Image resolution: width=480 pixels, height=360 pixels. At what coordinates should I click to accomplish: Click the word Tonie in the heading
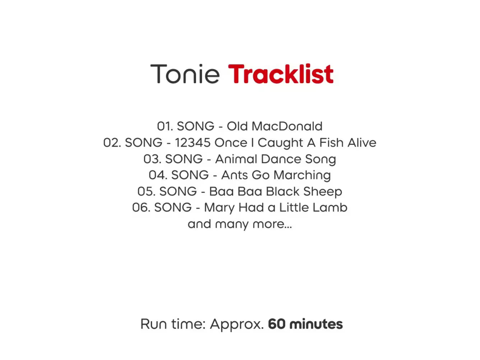185,74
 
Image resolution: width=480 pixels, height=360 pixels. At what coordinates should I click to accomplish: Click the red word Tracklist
281,74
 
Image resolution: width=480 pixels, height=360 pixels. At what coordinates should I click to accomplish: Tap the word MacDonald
287,126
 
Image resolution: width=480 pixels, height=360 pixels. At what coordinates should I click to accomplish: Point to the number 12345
193,143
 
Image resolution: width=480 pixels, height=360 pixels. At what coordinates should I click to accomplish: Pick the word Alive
362,143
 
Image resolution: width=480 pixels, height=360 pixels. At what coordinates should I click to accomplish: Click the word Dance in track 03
281,159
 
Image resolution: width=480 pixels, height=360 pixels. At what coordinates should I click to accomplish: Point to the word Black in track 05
283,191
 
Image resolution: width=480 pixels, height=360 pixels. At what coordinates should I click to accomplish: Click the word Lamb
330,207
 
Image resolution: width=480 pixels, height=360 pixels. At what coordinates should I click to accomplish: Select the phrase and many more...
240,225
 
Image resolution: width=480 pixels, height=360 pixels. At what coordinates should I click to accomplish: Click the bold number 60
277,324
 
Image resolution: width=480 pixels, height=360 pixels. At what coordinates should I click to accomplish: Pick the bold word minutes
316,324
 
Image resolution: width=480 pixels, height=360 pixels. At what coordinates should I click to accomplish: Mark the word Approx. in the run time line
237,324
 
